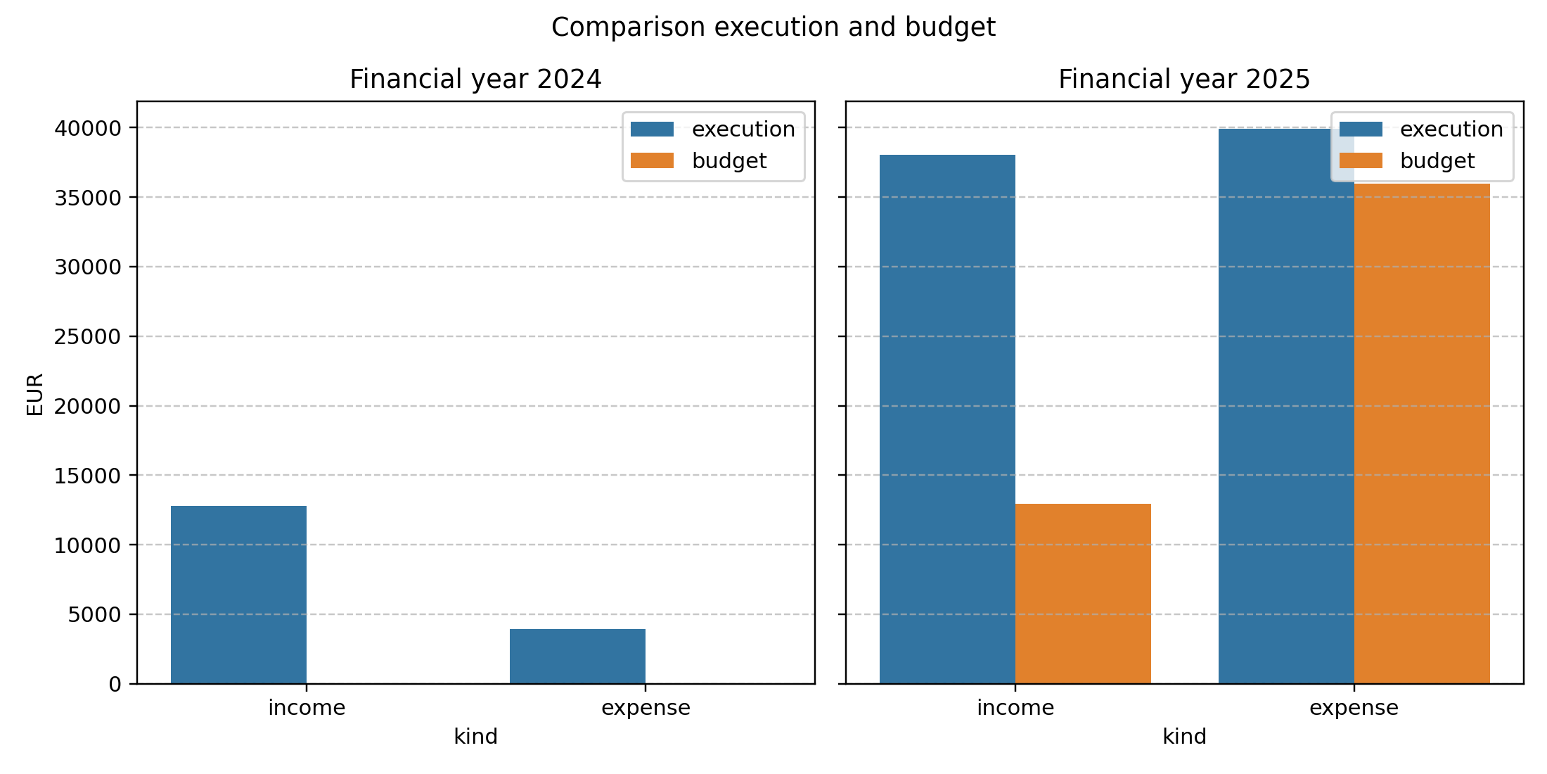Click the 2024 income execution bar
tap(238, 595)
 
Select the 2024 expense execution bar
tap(577, 656)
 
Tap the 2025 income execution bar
tap(947, 419)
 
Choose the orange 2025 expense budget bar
tap(1422, 433)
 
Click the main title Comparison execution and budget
tap(773, 27)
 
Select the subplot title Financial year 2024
tap(475, 79)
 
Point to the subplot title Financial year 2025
tap(1184, 79)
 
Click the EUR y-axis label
tap(35, 394)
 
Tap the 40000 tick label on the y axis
tap(88, 128)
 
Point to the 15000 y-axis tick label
tap(88, 476)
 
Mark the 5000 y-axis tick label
tap(94, 615)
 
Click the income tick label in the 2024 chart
tap(307, 708)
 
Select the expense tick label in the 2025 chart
tap(1354, 708)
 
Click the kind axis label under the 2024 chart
tap(475, 737)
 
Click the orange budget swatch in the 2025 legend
tap(1361, 161)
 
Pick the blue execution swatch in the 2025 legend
tap(1361, 129)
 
